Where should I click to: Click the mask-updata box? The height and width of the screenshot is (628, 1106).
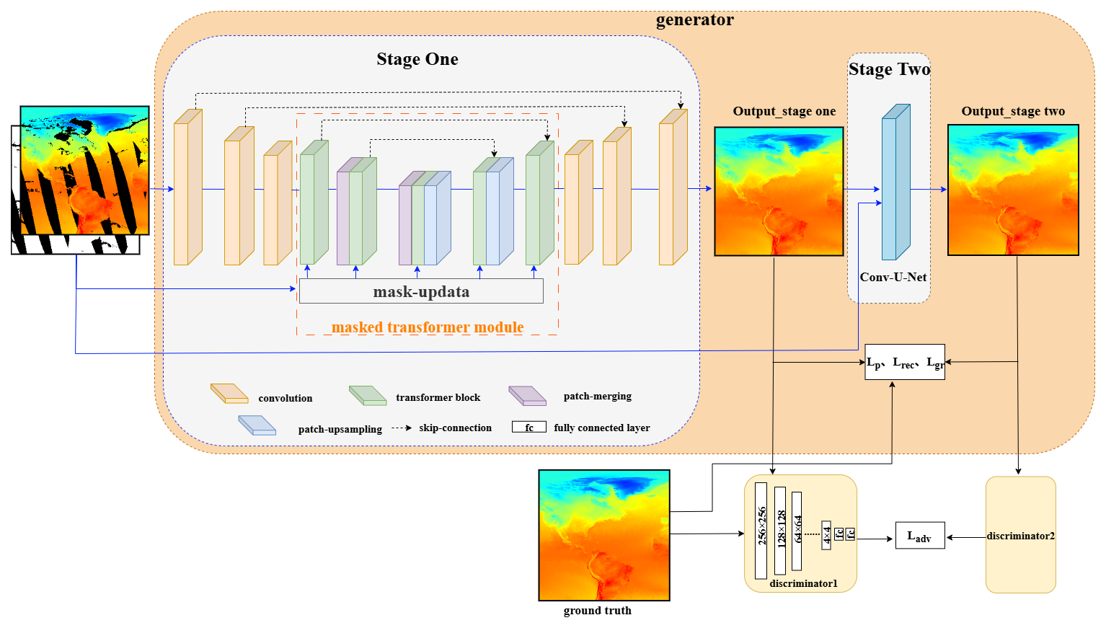pyautogui.click(x=421, y=291)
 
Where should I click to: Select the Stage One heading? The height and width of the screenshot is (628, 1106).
pyautogui.click(x=417, y=59)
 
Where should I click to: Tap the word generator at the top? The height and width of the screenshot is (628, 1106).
pyautogui.click(x=694, y=19)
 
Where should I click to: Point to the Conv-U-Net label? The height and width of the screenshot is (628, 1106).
pyautogui.click(x=893, y=277)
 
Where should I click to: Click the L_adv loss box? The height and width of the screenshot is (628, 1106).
pyautogui.click(x=919, y=536)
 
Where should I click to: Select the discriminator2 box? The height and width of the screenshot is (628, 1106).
pyautogui.click(x=1020, y=535)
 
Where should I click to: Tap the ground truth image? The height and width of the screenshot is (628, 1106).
pyautogui.click(x=604, y=535)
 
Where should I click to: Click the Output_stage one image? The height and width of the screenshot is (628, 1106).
pyautogui.click(x=779, y=191)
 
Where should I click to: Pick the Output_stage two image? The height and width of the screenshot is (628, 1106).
pyautogui.click(x=1013, y=190)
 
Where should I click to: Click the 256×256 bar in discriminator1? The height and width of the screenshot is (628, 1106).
pyautogui.click(x=761, y=531)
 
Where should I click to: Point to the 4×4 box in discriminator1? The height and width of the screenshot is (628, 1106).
pyautogui.click(x=826, y=535)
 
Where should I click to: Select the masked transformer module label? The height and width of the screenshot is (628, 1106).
pyautogui.click(x=428, y=327)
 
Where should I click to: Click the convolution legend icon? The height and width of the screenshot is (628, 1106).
pyautogui.click(x=229, y=394)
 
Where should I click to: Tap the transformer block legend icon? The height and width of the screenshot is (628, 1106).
pyautogui.click(x=368, y=395)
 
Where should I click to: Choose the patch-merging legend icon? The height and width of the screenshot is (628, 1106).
pyautogui.click(x=527, y=395)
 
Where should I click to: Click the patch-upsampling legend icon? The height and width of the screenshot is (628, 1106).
pyautogui.click(x=257, y=425)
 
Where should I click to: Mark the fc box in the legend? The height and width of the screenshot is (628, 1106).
pyautogui.click(x=528, y=427)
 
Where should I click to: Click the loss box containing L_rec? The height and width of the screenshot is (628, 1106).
pyautogui.click(x=905, y=362)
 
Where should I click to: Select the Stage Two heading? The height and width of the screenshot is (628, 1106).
pyautogui.click(x=889, y=69)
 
